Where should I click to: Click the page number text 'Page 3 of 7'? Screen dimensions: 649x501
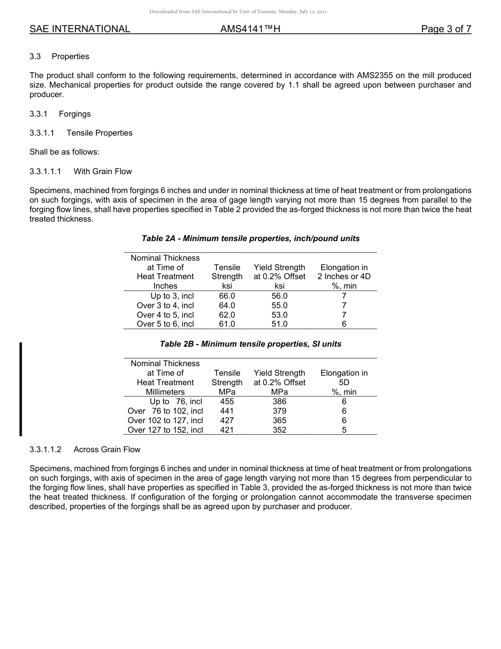[x=446, y=29]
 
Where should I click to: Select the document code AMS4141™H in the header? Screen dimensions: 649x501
[x=250, y=29]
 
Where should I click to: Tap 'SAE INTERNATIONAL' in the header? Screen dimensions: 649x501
[x=80, y=29]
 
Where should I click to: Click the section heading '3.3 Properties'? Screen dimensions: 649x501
[x=59, y=56]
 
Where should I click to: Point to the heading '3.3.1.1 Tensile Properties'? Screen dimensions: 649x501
[x=81, y=133]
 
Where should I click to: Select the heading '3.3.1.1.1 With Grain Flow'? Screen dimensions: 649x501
[x=81, y=171]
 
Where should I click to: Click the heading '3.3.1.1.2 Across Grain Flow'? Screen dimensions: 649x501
[x=85, y=450]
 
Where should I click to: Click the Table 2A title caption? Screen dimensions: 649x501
[x=250, y=238]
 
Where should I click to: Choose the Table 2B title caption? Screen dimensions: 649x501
[x=250, y=344]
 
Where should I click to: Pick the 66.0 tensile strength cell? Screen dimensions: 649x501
[x=227, y=296]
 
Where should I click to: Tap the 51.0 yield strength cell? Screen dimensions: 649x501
[x=280, y=324]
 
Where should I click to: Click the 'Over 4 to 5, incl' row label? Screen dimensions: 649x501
[x=165, y=315]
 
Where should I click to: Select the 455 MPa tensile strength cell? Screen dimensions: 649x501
[x=227, y=402]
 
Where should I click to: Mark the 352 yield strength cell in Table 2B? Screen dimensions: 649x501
[x=280, y=430]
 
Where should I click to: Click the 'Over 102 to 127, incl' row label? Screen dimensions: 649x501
[x=165, y=421]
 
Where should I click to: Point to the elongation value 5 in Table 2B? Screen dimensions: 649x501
[x=344, y=430]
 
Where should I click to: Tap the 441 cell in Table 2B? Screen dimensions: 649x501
[x=227, y=411]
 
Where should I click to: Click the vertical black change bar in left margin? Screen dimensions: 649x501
[x=21, y=389]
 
